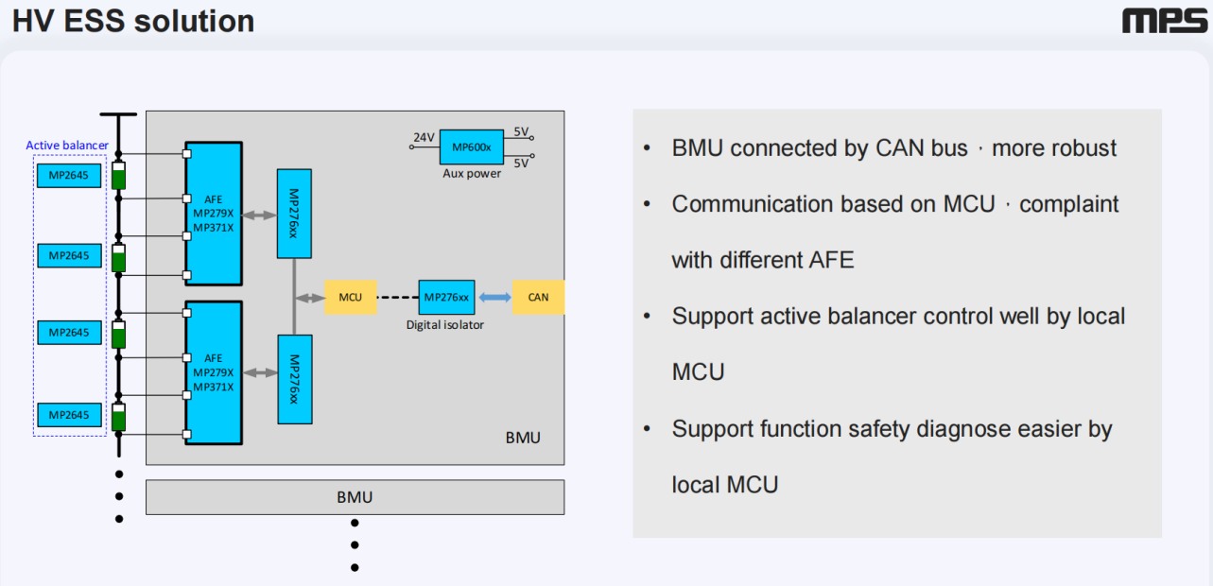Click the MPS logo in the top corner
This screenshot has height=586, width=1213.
pyautogui.click(x=1164, y=22)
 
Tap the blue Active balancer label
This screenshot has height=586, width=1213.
pyautogui.click(x=67, y=146)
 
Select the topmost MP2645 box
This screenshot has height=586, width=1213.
pyautogui.click(x=69, y=176)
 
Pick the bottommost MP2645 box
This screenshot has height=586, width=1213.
pyautogui.click(x=69, y=415)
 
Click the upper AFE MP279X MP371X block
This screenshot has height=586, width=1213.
pyautogui.click(x=214, y=214)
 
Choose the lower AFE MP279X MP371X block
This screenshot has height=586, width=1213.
pyautogui.click(x=214, y=372)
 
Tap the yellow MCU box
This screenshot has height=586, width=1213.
pyautogui.click(x=350, y=297)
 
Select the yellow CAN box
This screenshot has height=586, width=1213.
pyautogui.click(x=538, y=297)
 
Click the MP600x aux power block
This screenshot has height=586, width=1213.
pyautogui.click(x=471, y=146)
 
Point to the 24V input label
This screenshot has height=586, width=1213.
pyautogui.click(x=424, y=138)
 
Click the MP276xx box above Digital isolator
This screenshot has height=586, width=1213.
pyautogui.click(x=446, y=297)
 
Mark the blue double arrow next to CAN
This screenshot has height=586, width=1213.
pyautogui.click(x=494, y=297)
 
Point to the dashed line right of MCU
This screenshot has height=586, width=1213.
pyautogui.click(x=397, y=297)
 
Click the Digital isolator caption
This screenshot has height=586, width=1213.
pyautogui.click(x=444, y=324)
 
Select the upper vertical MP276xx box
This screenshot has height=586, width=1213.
pyautogui.click(x=294, y=214)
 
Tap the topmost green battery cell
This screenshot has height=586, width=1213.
pyautogui.click(x=119, y=177)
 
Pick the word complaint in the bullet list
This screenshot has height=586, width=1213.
pyautogui.click(x=1069, y=204)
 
